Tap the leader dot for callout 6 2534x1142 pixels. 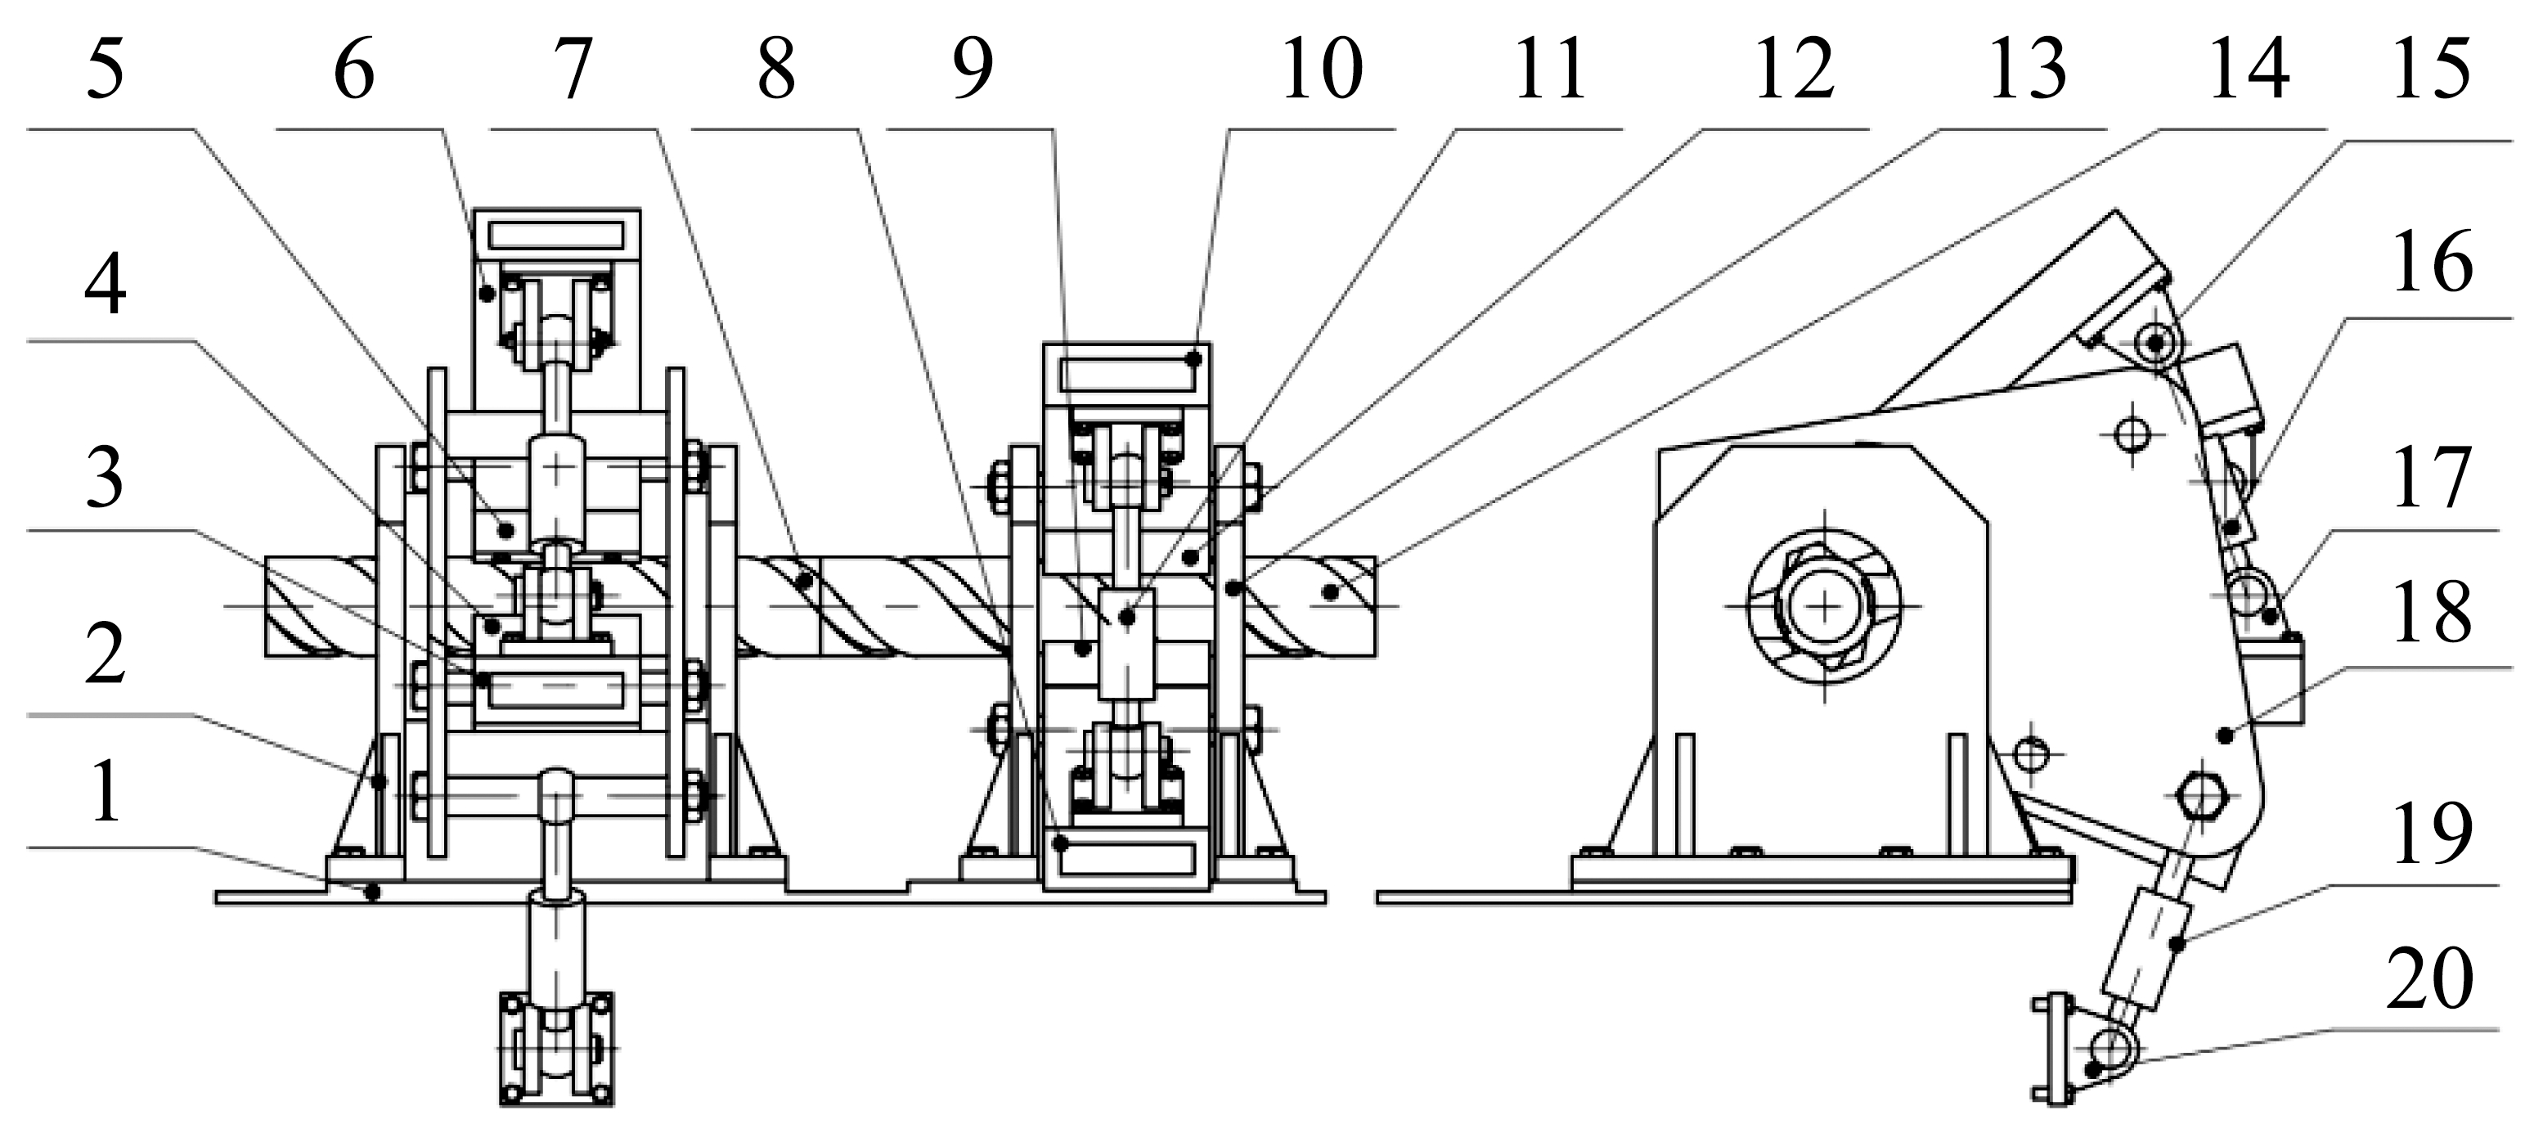487,292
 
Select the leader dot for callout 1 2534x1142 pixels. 372,892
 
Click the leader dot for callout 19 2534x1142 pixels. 2177,944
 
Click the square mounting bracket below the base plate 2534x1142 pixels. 557,1049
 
